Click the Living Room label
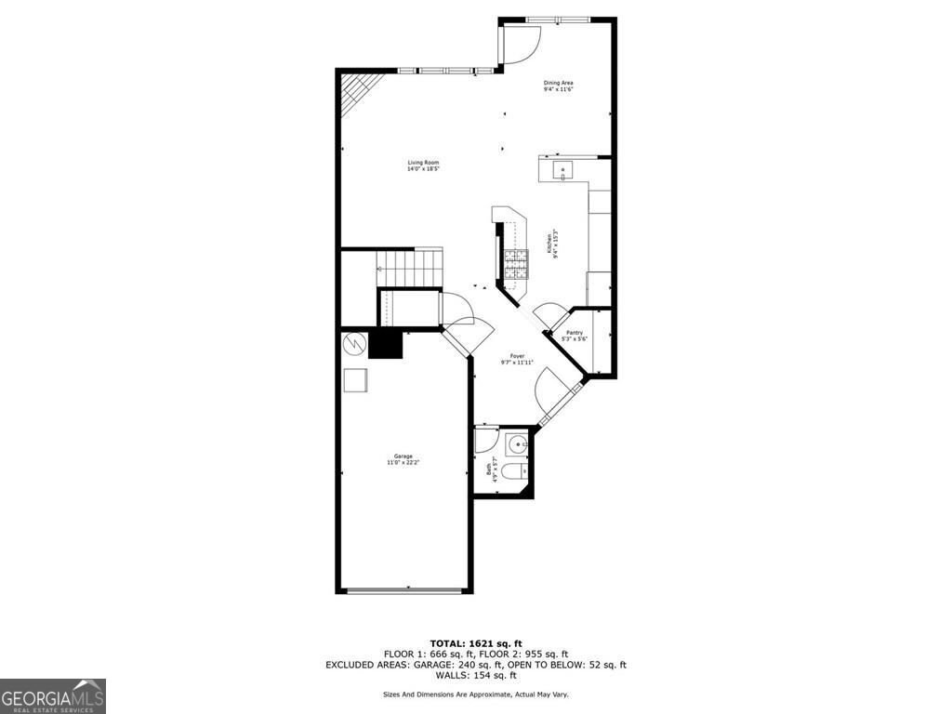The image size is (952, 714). (422, 165)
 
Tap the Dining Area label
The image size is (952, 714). (558, 86)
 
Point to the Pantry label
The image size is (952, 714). (575, 336)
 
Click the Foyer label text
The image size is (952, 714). (517, 360)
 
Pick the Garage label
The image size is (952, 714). (403, 459)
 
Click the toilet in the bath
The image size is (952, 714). (517, 475)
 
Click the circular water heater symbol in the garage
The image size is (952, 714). (354, 344)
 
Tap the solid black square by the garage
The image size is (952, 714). (385, 344)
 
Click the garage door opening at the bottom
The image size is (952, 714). (404, 590)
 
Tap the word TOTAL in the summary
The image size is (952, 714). (449, 643)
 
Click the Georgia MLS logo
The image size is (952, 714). (53, 695)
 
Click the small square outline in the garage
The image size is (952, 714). (355, 381)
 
